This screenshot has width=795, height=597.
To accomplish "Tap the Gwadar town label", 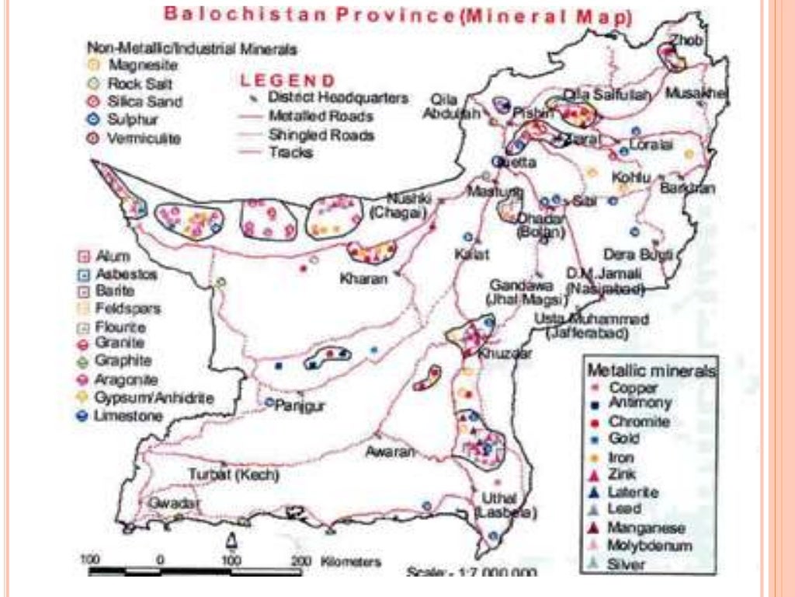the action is pyautogui.click(x=169, y=503).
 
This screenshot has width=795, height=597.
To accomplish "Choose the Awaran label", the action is pyautogui.click(x=386, y=451).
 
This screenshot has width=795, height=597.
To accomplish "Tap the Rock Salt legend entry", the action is pyautogui.click(x=141, y=83).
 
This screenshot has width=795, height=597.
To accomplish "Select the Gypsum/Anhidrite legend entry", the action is pyautogui.click(x=154, y=398).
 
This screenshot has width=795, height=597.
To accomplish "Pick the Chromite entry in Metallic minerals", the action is pyautogui.click(x=639, y=421).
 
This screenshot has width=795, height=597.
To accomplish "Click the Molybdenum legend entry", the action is pyautogui.click(x=650, y=546).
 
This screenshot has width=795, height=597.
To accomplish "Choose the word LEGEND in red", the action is pyautogui.click(x=288, y=81).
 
